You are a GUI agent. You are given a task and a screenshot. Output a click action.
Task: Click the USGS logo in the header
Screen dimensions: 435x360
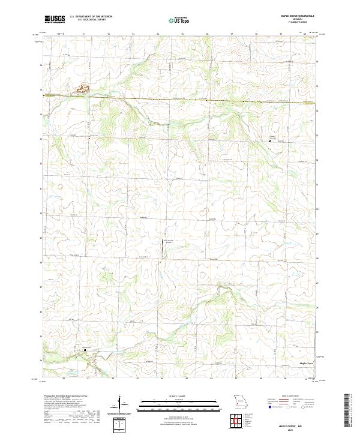(55, 20)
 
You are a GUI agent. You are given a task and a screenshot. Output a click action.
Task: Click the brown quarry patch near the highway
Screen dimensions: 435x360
(82, 91)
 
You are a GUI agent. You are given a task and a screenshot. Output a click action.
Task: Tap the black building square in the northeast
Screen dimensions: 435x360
(269, 140)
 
